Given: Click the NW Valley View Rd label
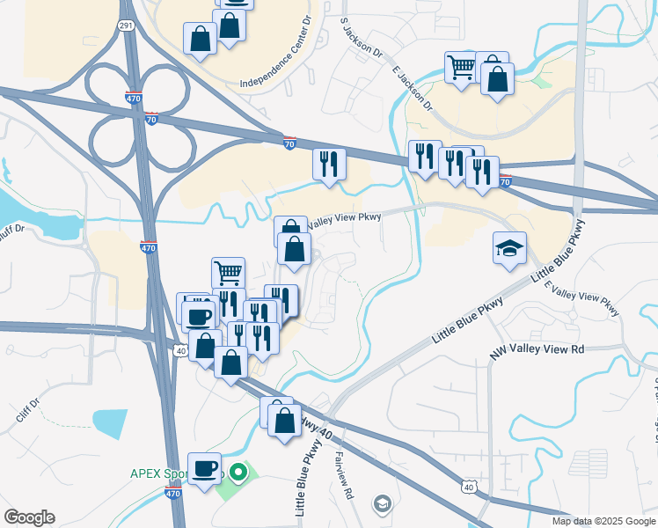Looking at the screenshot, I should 537,349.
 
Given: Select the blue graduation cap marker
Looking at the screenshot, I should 509,248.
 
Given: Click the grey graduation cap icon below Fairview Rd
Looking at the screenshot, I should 382,503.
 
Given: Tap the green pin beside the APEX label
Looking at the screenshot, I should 240,473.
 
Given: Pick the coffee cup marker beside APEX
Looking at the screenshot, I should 205,468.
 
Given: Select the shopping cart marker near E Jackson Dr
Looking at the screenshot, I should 461,66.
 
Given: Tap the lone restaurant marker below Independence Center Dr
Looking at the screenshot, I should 329,164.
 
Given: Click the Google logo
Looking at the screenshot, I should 29,517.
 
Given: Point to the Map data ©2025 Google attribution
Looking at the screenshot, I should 603,521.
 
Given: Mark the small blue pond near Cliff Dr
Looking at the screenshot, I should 109,423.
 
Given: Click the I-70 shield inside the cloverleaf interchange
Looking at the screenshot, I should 151,118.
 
